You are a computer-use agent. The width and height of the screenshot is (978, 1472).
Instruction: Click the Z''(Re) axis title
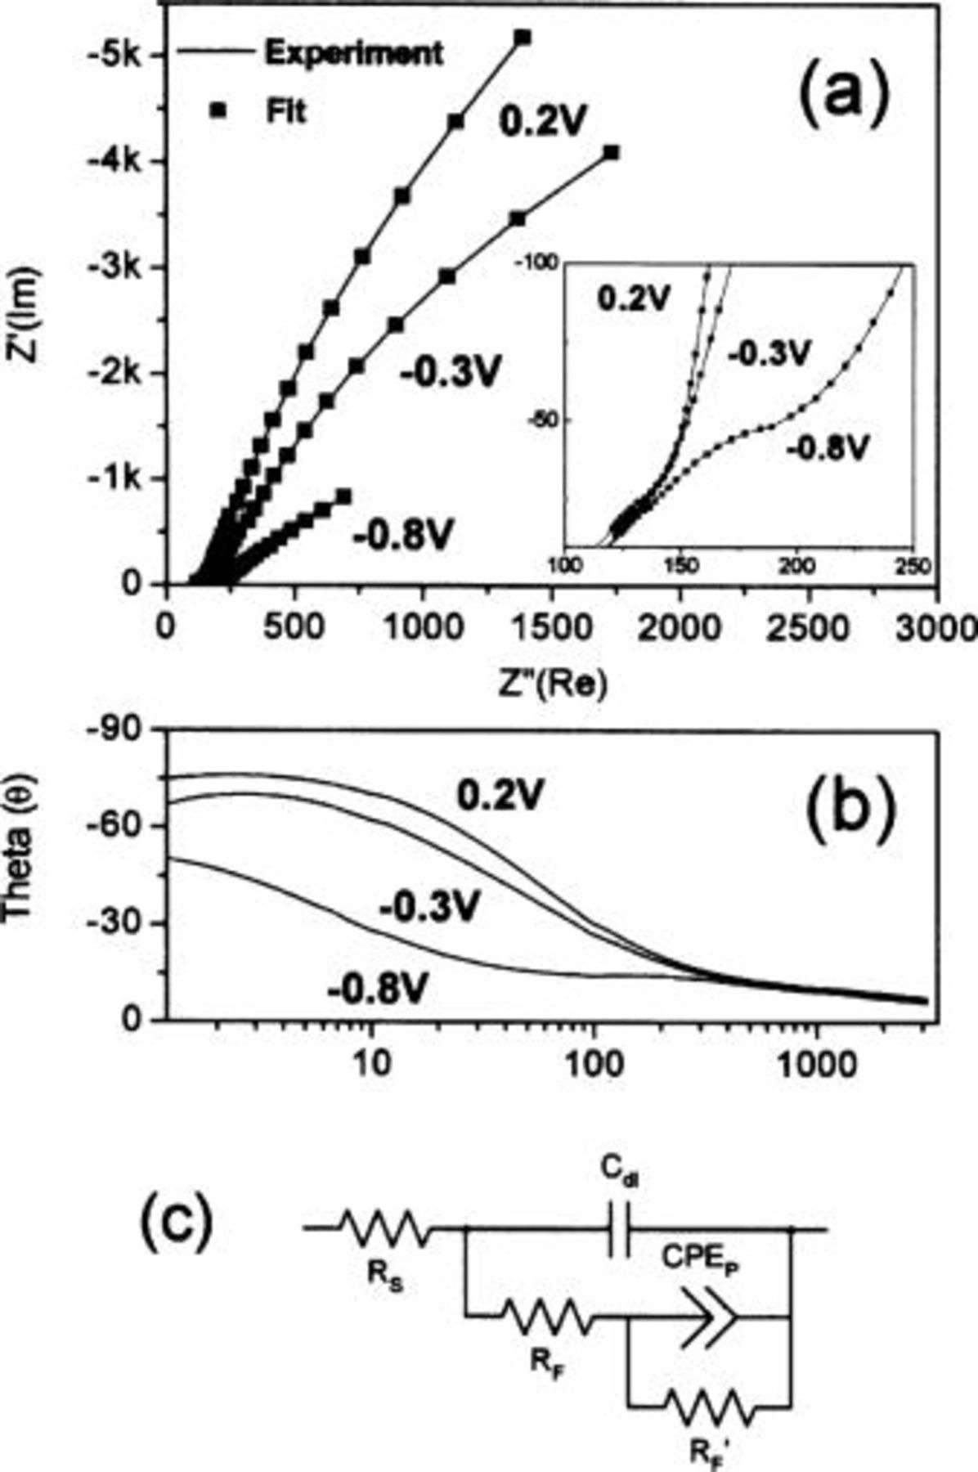tap(552, 685)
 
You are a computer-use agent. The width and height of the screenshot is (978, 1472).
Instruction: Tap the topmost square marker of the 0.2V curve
tap(523, 38)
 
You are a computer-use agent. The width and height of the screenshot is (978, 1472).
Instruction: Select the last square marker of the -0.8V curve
tap(344, 496)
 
